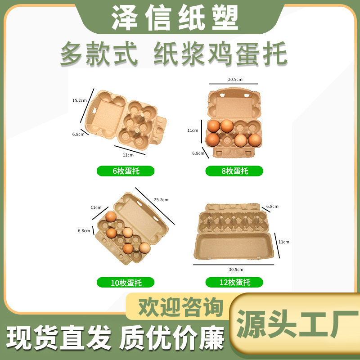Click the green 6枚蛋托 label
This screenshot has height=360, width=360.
[126, 171]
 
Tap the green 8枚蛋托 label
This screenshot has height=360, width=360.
[234, 171]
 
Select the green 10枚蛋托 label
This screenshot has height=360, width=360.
[126, 283]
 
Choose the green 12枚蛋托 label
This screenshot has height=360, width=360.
[234, 283]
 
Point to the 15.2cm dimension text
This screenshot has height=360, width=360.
[79, 100]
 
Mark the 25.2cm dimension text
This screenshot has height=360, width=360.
[161, 199]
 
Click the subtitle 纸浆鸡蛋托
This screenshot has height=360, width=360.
[220, 55]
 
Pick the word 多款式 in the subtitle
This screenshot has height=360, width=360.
[99, 55]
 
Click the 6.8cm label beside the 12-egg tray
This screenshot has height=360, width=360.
[272, 207]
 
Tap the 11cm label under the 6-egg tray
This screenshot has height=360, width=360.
[128, 155]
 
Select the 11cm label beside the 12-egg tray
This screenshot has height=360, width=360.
[284, 242]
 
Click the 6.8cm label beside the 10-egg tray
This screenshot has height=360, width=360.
[84, 231]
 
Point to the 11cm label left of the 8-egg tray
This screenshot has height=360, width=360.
[193, 130]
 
